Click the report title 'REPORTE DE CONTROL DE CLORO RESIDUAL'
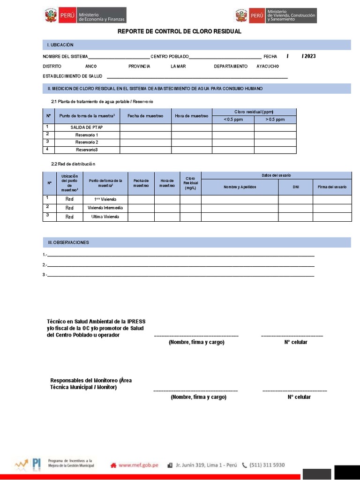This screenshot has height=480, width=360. (179, 31)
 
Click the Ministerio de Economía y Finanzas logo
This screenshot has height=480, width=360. (85, 15)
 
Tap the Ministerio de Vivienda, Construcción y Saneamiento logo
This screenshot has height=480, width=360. (276, 15)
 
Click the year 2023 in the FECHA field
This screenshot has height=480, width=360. (309, 56)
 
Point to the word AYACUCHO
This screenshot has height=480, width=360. (268, 67)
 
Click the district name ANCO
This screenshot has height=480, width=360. (91, 67)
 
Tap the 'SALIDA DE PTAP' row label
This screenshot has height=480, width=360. (87, 127)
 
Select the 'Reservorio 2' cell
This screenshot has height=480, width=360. (87, 142)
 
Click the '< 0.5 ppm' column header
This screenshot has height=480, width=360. (233, 120)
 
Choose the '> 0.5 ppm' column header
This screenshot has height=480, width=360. (275, 120)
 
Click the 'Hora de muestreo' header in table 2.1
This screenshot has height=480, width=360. (191, 116)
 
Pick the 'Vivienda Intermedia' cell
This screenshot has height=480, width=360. (105, 208)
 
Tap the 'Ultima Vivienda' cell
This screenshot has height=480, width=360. (105, 217)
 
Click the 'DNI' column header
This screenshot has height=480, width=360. (295, 187)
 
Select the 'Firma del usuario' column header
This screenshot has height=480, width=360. (332, 187)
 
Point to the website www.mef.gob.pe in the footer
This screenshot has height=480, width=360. (137, 465)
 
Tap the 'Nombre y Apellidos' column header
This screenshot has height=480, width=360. (240, 187)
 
